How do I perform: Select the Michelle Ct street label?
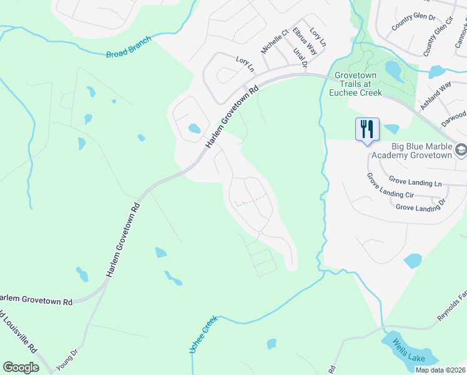(x=275, y=41)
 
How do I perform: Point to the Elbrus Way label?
(x=292, y=47)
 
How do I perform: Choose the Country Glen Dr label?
(x=413, y=22)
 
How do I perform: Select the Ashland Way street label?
(x=436, y=96)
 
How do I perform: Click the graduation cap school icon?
(x=461, y=149)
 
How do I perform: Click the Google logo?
(x=21, y=367)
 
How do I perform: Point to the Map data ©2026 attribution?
(x=440, y=370)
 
